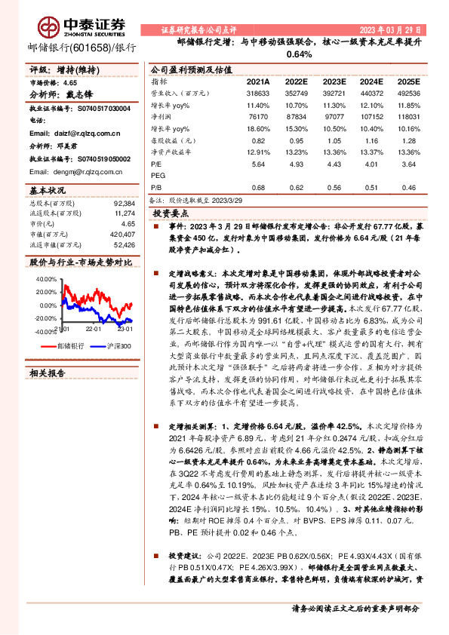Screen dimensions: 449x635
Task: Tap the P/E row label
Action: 158,163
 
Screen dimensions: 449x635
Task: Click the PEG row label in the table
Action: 159,174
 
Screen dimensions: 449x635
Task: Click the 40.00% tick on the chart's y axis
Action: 45,278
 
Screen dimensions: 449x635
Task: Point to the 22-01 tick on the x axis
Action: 94,330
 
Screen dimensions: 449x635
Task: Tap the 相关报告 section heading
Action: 48,373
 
